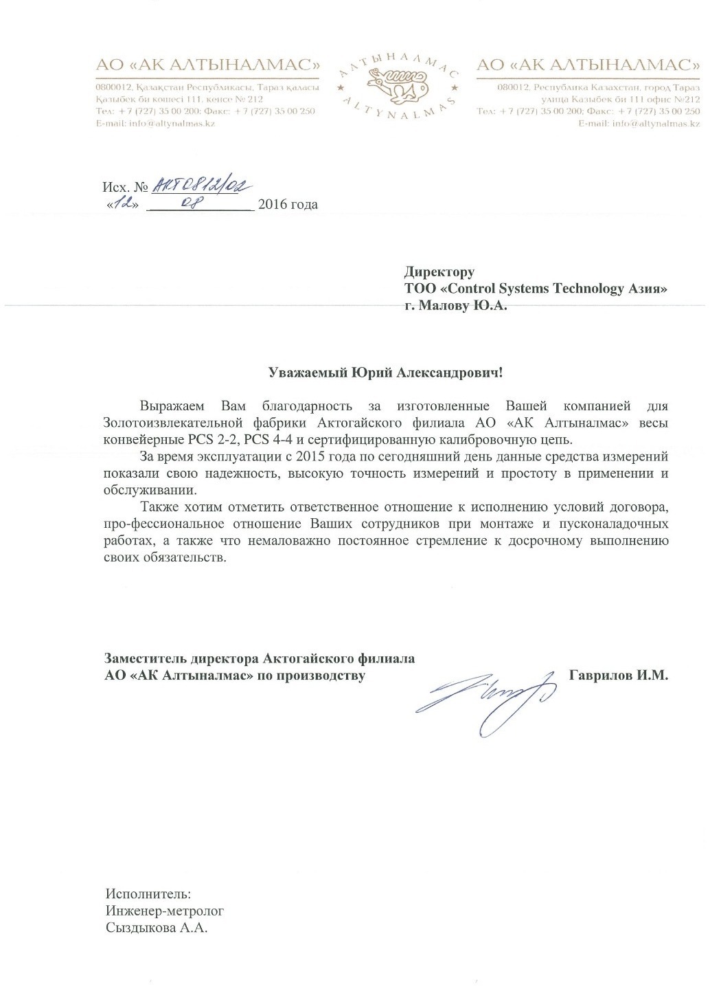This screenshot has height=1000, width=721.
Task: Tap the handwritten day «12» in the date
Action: pyautogui.click(x=124, y=203)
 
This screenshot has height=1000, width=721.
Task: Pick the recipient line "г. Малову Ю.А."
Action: pyautogui.click(x=455, y=307)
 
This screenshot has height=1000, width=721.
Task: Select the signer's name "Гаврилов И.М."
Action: pyautogui.click(x=618, y=676)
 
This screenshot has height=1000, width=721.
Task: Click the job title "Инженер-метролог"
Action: pyautogui.click(x=165, y=911)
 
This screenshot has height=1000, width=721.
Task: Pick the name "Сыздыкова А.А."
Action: pyautogui.click(x=156, y=929)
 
